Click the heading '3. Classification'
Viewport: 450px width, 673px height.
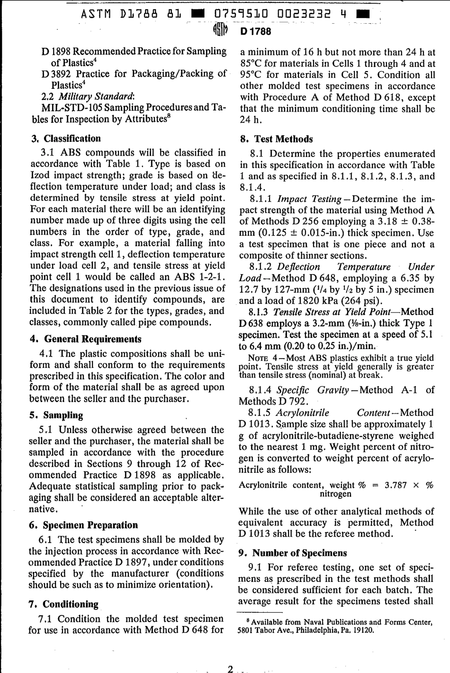click(x=66, y=138)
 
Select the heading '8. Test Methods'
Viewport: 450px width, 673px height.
click(x=277, y=139)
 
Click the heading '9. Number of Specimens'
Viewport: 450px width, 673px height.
click(x=292, y=553)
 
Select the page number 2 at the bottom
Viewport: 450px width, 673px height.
click(x=230, y=669)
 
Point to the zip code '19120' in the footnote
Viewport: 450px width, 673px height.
click(x=362, y=630)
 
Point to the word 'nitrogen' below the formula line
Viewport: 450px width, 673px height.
click(x=335, y=494)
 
